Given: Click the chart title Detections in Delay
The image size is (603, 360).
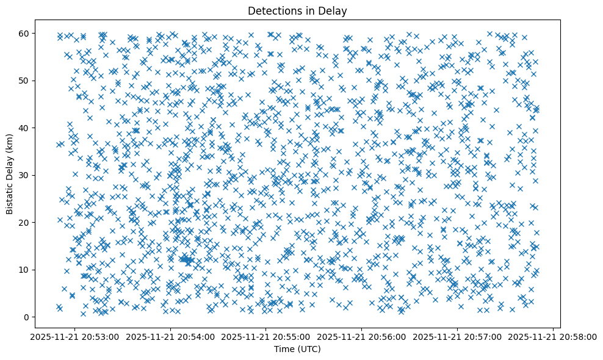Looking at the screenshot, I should click(297, 10).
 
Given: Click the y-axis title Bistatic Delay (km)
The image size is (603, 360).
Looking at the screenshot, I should click(10, 174).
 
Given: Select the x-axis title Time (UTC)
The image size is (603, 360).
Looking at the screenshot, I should click(297, 349).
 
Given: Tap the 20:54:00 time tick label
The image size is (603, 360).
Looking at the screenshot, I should click(171, 336).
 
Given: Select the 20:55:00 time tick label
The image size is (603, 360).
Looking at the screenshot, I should click(266, 336).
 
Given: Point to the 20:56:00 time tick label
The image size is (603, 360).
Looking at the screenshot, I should click(362, 336).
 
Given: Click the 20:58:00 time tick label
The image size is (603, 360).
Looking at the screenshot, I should click(553, 336).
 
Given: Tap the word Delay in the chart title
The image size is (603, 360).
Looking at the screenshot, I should click(334, 10).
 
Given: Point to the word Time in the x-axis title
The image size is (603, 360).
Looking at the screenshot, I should click(284, 349).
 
